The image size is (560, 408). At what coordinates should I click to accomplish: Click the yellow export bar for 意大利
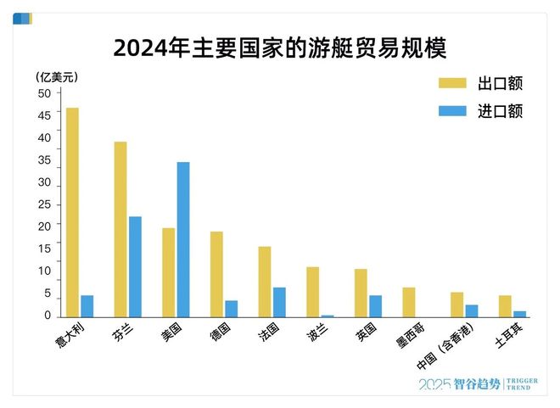tap(73, 212)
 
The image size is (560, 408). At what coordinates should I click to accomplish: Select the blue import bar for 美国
tap(183, 239)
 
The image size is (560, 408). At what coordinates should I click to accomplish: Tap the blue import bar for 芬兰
tap(135, 266)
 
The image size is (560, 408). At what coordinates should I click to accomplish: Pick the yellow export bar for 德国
tap(217, 274)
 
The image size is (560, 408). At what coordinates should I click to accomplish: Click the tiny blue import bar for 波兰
tap(328, 316)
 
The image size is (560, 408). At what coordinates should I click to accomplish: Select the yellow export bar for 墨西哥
tap(409, 302)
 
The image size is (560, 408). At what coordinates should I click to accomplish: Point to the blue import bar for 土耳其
tap(519, 314)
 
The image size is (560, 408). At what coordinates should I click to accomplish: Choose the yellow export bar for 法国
tap(265, 282)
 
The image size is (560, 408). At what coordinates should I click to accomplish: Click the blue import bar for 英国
tap(375, 306)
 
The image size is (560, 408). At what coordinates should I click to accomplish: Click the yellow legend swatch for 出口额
tap(452, 83)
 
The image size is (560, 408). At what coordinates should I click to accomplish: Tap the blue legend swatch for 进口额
tap(452, 111)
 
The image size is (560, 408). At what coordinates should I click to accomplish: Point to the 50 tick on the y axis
tap(44, 93)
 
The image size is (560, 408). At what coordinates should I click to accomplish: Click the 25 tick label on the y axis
tap(44, 205)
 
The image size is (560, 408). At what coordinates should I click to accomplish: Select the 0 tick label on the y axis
tap(48, 316)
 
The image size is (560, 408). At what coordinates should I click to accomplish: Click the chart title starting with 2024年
tap(280, 47)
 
